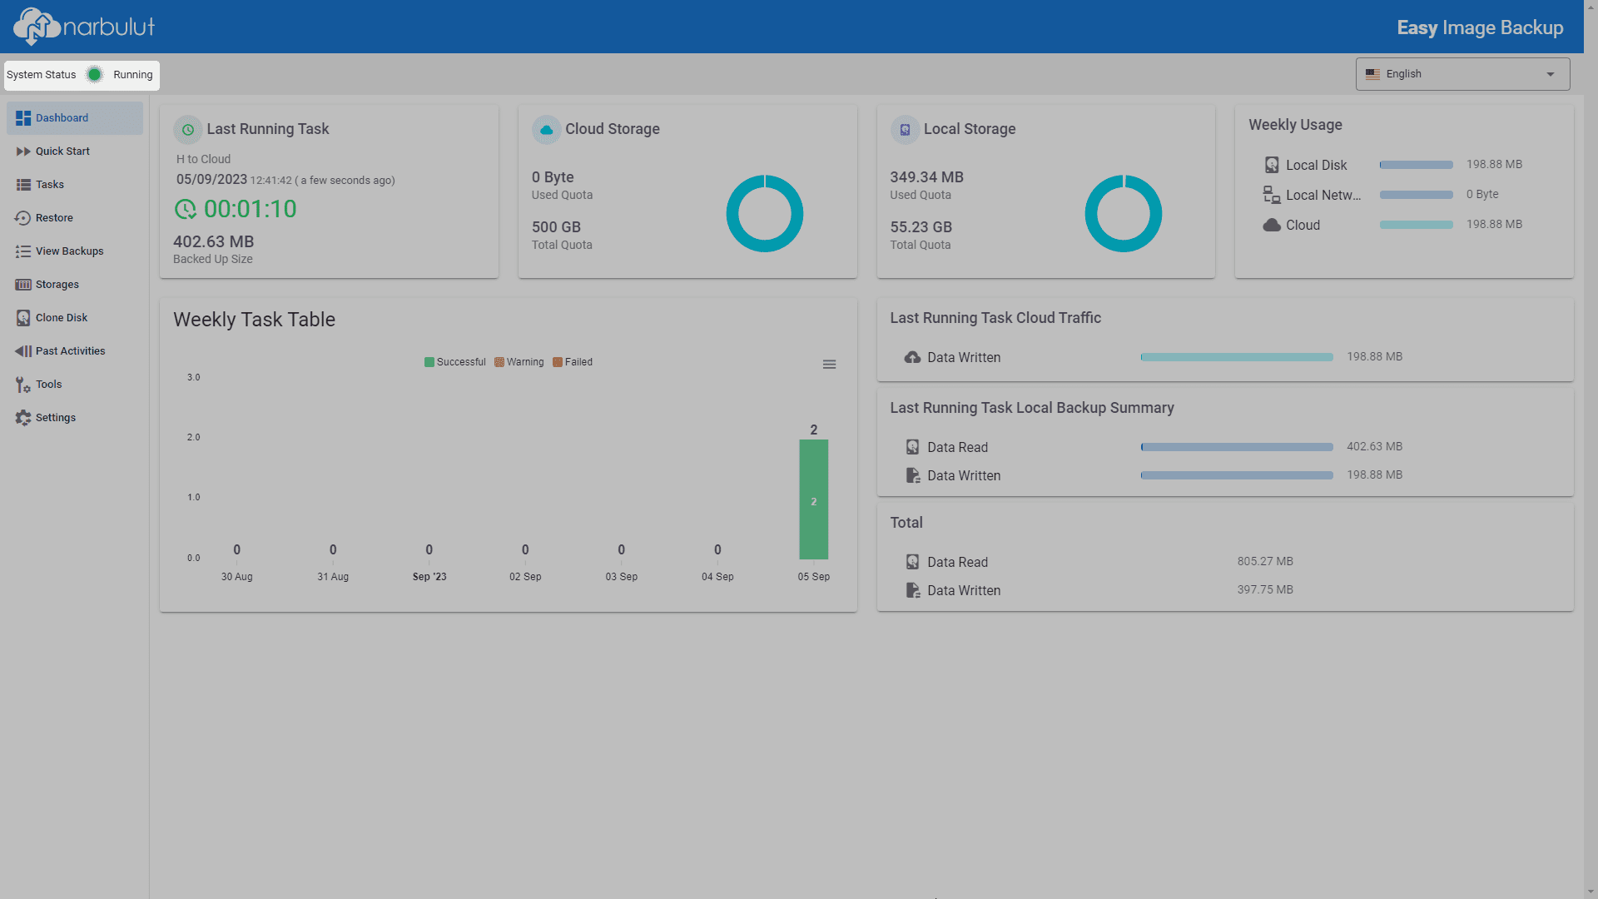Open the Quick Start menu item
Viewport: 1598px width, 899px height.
point(62,151)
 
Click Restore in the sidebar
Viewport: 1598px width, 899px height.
point(54,218)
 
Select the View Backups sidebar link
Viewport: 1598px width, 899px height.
point(69,251)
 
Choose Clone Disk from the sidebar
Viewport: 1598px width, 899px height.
point(61,318)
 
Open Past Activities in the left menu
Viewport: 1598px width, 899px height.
point(70,351)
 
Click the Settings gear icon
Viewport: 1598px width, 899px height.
point(23,418)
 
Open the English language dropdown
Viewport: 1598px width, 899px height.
point(1462,74)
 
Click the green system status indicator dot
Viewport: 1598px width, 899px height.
point(95,75)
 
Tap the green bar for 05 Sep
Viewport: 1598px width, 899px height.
point(813,499)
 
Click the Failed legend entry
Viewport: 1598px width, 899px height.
point(573,362)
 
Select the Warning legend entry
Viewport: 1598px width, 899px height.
point(519,362)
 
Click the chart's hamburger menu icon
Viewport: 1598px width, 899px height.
point(829,365)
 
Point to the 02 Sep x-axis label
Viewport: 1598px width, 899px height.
point(525,577)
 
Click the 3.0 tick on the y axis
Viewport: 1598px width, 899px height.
point(194,378)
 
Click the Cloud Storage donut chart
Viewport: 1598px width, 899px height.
point(765,175)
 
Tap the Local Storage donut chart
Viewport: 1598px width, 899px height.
point(1123,175)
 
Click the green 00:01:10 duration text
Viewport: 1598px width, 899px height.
point(250,209)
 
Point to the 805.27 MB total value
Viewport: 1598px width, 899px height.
point(1265,562)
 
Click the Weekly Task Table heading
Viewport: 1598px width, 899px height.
point(254,320)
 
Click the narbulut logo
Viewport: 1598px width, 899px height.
point(84,27)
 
